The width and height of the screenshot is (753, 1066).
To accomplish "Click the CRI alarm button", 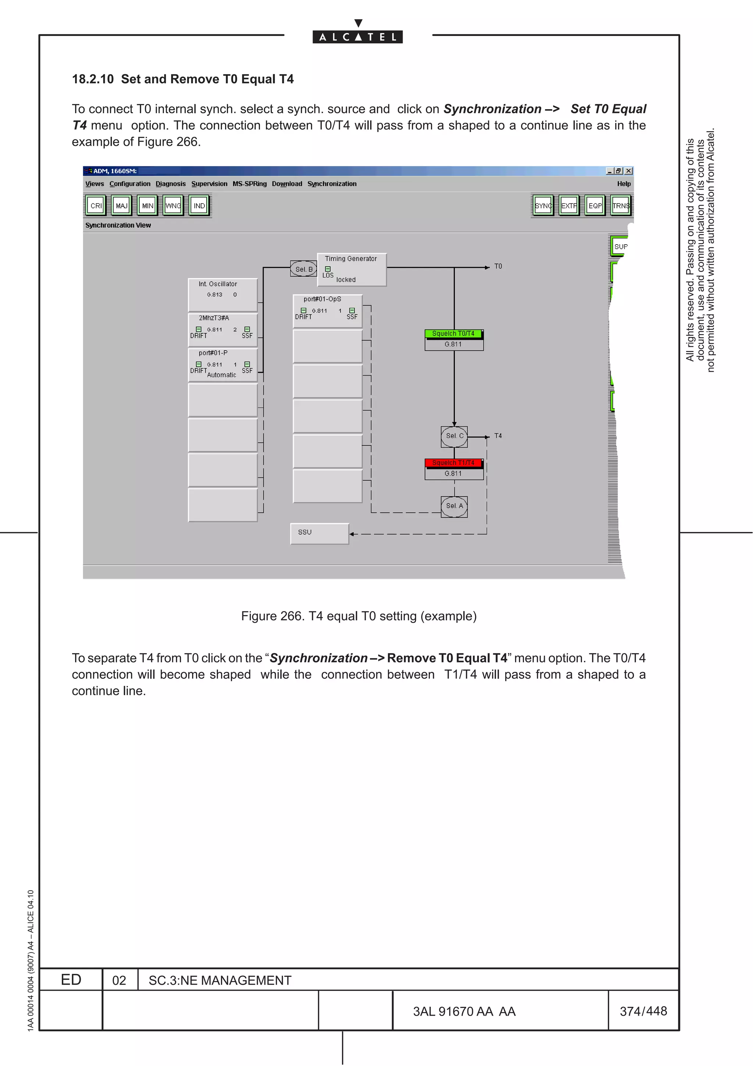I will tap(96, 206).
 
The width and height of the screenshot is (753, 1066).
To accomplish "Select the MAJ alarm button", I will tap(122, 206).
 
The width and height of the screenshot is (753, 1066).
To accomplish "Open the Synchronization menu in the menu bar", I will tap(332, 184).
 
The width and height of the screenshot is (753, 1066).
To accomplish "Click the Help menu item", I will tap(623, 184).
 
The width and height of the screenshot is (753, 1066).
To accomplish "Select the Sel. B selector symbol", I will tap(303, 269).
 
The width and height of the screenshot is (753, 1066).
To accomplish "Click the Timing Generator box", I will tap(351, 269).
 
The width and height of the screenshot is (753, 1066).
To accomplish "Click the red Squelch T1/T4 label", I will tap(453, 463).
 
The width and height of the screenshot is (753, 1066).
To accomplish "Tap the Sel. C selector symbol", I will tap(454, 436).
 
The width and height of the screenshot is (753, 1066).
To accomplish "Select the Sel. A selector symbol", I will tap(454, 506).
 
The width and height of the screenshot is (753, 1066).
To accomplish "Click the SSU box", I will tap(319, 533).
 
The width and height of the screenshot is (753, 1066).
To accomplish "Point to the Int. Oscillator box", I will tap(223, 294).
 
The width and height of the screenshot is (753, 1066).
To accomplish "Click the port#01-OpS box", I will tap(327, 310).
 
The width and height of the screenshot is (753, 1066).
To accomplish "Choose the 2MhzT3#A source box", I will tap(223, 329).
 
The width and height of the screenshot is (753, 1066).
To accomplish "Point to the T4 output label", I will tap(498, 436).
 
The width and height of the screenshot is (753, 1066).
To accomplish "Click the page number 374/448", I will tap(643, 1011).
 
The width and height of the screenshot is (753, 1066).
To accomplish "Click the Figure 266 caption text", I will tap(358, 616).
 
